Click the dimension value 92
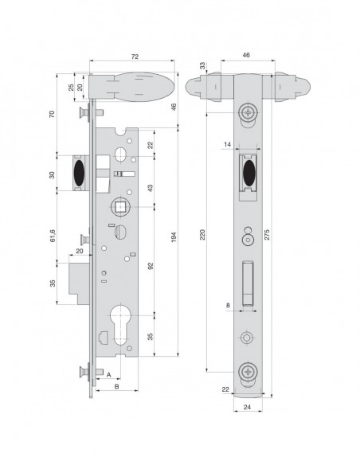click(151, 268)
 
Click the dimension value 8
click(227, 304)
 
